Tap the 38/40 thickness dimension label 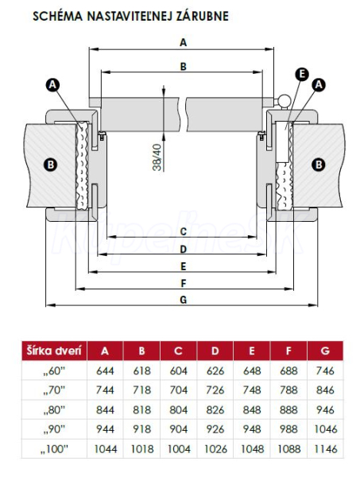click(157, 157)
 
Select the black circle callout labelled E click(302, 74)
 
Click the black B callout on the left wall click(51, 165)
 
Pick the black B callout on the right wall click(319, 165)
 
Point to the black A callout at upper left click(52, 84)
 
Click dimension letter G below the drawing click(183, 300)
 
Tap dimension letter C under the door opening click(183, 231)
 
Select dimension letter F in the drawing click(183, 283)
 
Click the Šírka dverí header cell click(54, 351)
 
